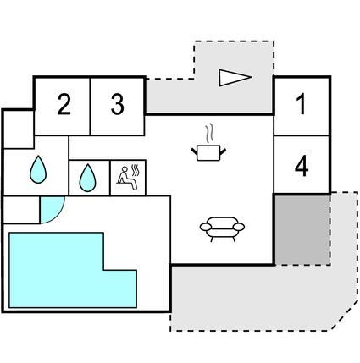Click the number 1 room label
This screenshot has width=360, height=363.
(x=302, y=104)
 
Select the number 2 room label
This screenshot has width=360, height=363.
(x=64, y=104)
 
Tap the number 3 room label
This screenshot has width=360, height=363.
(x=117, y=104)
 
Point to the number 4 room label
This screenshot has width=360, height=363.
(x=302, y=167)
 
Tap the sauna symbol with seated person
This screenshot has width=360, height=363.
(x=128, y=178)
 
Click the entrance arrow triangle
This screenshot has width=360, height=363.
(x=235, y=78)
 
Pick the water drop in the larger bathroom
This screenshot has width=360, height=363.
(x=38, y=169)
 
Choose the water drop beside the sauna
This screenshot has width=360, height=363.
(x=87, y=178)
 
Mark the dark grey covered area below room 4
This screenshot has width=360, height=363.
(x=302, y=229)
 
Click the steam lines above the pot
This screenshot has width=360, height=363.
(x=209, y=134)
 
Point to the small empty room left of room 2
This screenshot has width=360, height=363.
(x=19, y=129)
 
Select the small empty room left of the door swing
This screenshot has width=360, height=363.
(x=21, y=210)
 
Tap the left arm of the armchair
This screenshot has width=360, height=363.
(x=206, y=227)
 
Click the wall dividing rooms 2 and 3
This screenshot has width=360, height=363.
(x=90, y=107)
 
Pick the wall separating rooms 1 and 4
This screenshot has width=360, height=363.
(x=302, y=135)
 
